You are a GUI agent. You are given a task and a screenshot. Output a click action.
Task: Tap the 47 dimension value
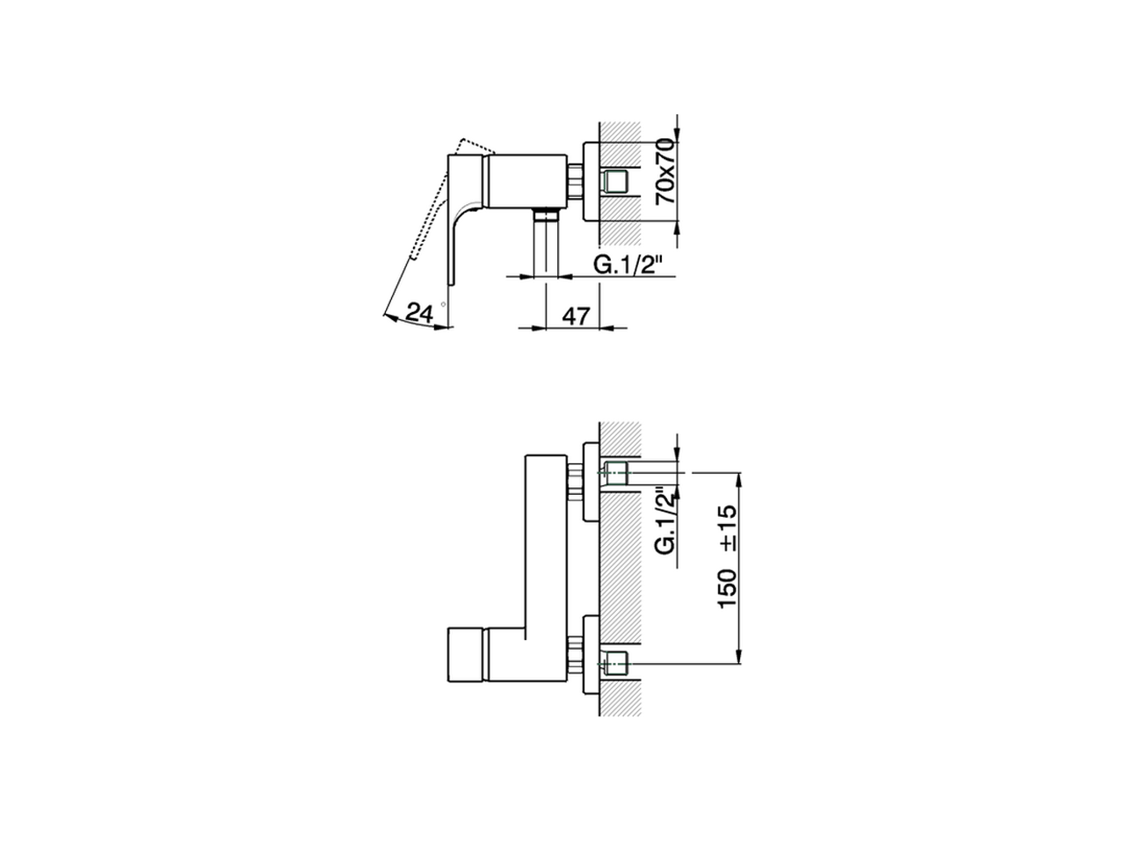coord(575,316)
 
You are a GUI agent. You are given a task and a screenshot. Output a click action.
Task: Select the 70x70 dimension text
coord(667,171)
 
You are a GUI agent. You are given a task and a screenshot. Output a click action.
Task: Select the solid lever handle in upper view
coord(462,211)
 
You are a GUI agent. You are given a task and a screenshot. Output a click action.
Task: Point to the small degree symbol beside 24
coord(444,304)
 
